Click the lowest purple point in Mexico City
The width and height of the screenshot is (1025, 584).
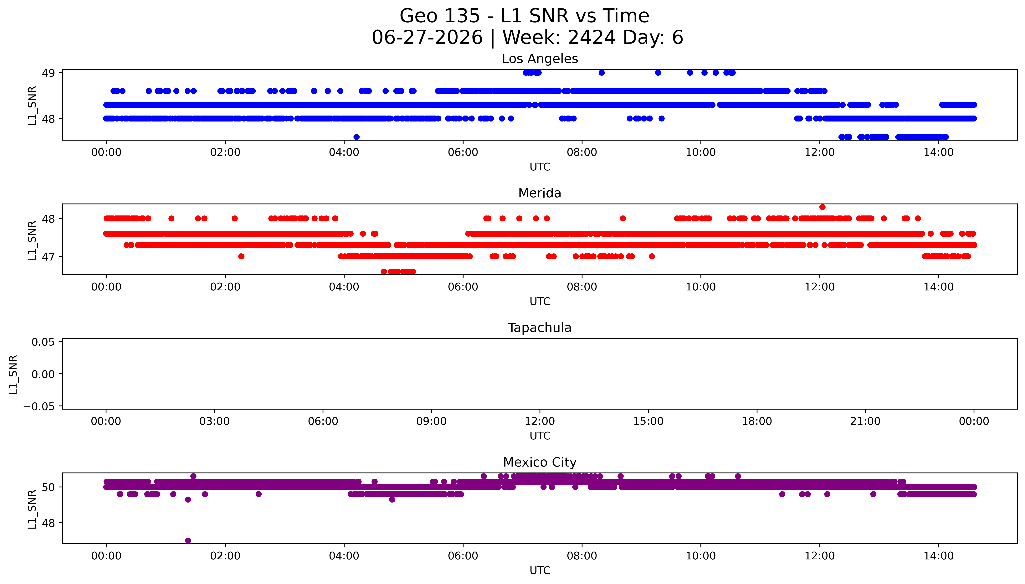(x=188, y=540)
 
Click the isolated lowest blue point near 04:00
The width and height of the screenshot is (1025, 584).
(x=356, y=137)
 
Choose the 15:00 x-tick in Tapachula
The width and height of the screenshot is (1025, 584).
(x=648, y=421)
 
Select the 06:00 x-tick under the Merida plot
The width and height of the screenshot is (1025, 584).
(x=463, y=287)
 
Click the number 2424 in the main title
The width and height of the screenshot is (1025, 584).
(x=591, y=37)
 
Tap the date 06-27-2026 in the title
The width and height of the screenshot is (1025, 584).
(x=427, y=37)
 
